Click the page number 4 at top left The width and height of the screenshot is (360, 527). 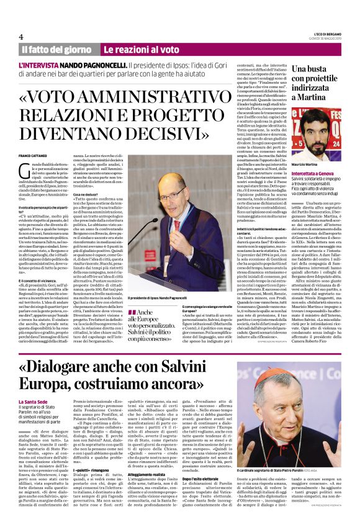point(21,36)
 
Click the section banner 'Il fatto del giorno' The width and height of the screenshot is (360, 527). point(57,49)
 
